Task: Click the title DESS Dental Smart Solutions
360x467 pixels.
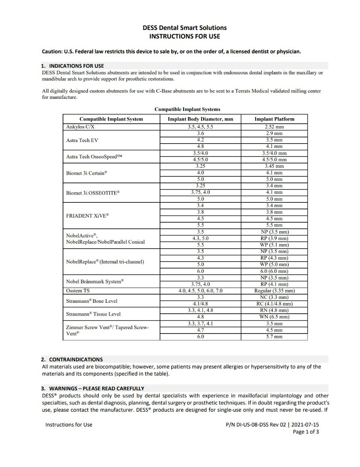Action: point(184,28)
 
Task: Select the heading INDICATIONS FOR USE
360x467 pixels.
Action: point(76,66)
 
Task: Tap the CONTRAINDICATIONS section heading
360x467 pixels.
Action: point(76,359)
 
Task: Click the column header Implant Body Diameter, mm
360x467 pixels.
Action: point(200,119)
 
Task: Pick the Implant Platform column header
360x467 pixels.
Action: point(274,119)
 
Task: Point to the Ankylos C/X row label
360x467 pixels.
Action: point(81,127)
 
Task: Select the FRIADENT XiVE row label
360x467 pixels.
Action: point(88,216)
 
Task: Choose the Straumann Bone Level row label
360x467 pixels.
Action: point(91,301)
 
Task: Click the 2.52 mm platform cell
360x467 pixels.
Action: point(274,127)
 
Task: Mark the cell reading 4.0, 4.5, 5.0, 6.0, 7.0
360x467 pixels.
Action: point(200,291)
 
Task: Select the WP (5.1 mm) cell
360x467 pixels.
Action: point(274,245)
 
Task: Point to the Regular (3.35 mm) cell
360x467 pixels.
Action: point(274,291)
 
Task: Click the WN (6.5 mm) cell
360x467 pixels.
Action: point(274,317)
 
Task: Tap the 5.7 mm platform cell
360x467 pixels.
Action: point(274,337)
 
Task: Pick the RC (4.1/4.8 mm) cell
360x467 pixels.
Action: point(274,304)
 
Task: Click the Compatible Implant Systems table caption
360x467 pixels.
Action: point(187,109)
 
